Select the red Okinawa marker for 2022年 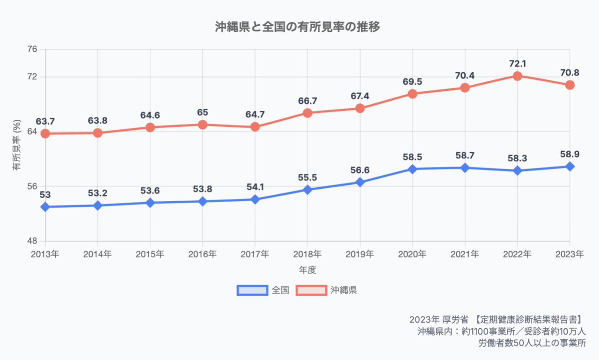(517, 76)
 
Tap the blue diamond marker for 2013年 (45, 207)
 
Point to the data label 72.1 (517, 63)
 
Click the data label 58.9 (570, 154)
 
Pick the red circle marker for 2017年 (255, 127)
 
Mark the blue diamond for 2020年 (412, 169)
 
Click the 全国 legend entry (263, 290)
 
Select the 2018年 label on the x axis (307, 254)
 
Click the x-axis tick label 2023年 (569, 254)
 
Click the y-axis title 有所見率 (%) (17, 145)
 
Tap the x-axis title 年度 (307, 270)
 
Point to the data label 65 (203, 112)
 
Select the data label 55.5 (307, 177)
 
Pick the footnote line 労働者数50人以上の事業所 (532, 343)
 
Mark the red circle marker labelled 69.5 (412, 94)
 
